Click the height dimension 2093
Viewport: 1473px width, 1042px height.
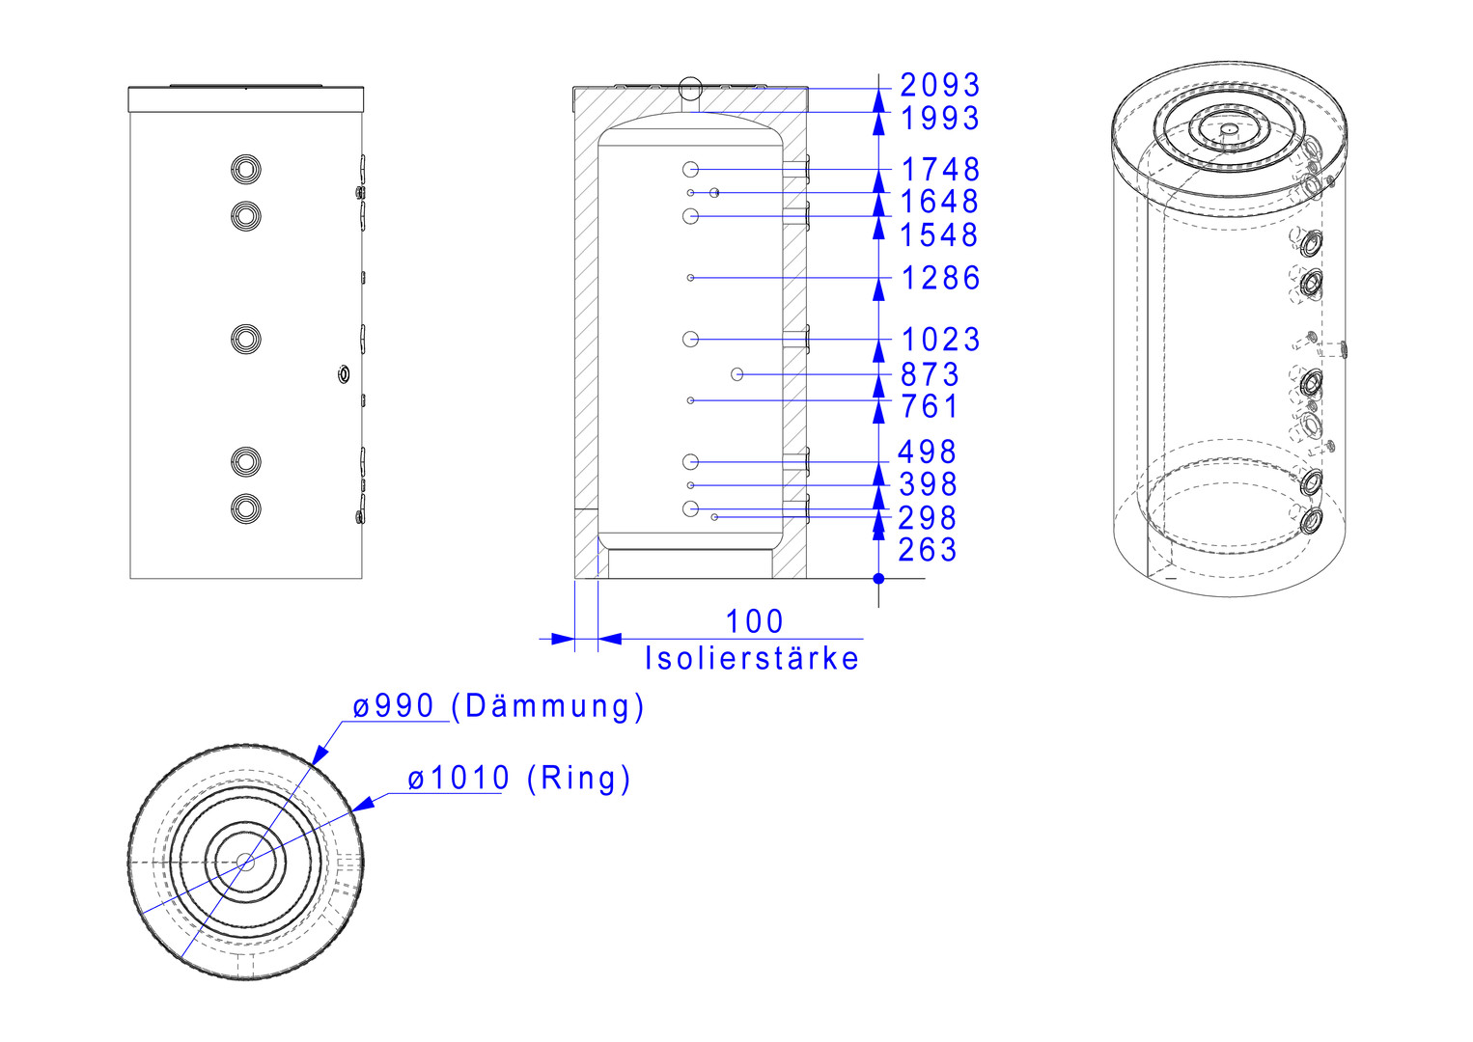[x=940, y=86]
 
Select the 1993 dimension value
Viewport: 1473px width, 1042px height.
[x=940, y=119]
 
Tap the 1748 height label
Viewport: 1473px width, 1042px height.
[x=940, y=170]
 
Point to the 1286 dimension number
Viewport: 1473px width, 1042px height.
[x=940, y=278]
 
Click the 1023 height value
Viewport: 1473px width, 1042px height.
[x=940, y=340]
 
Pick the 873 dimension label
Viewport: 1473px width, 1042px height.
[x=930, y=374]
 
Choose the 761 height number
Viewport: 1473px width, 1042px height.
[x=930, y=406]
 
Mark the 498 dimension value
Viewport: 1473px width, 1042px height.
[x=928, y=452]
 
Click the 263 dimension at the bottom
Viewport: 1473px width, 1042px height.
[x=928, y=550]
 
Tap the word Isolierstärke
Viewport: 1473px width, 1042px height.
[x=752, y=658]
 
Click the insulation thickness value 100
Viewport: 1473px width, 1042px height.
[x=754, y=621]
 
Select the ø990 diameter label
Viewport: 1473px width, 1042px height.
[x=393, y=706]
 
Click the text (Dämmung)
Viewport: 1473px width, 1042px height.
[x=547, y=706]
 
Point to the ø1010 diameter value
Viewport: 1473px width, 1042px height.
[x=459, y=778]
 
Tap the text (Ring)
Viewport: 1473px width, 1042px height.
[x=579, y=779]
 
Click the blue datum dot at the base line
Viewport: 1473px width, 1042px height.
[x=878, y=579]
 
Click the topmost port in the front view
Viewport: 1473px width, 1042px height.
[x=246, y=170]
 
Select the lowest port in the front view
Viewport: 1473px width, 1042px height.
[x=246, y=508]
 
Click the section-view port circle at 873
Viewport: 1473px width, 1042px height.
[x=737, y=374]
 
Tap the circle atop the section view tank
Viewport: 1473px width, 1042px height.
[x=690, y=88]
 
